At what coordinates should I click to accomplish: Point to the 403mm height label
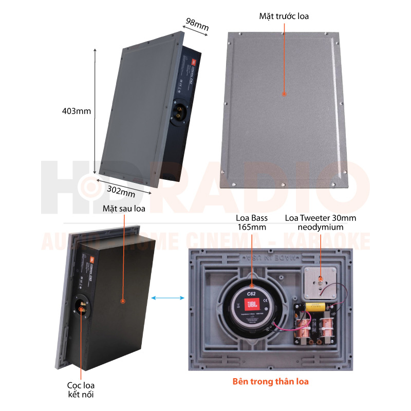click(x=76, y=110)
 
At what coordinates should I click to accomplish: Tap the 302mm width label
click(x=121, y=191)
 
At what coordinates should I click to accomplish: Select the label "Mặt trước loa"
click(x=284, y=16)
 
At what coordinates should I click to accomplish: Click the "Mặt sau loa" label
click(x=124, y=209)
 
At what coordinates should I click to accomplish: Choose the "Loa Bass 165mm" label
click(x=251, y=222)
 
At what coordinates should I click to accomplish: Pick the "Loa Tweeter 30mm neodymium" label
click(x=321, y=222)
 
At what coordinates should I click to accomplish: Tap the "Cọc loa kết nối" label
click(x=81, y=389)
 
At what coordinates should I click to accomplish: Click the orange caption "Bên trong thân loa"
click(x=271, y=382)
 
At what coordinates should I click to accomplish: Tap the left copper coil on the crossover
click(x=305, y=327)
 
